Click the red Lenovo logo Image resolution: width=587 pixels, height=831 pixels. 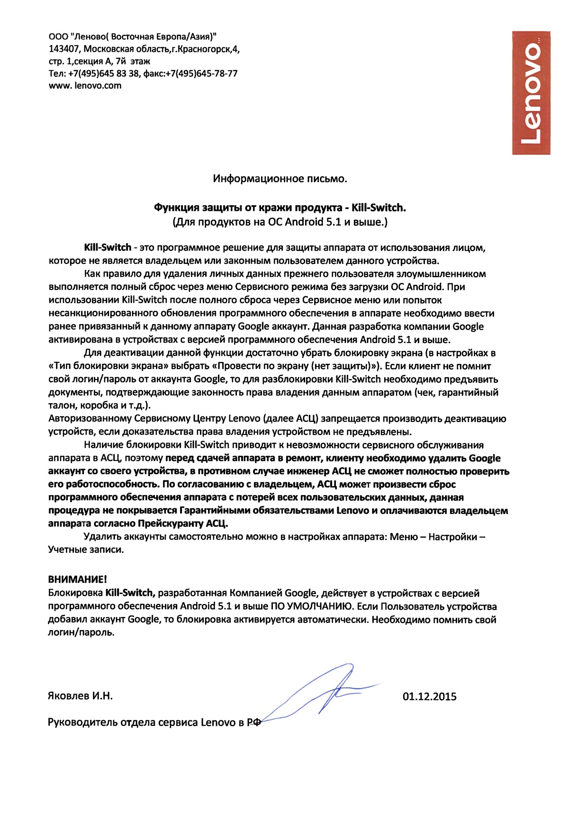click(531, 93)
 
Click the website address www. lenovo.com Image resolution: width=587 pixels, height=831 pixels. click(85, 86)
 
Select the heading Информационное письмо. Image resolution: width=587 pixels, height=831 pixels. click(280, 179)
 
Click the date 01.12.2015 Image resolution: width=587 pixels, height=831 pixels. click(429, 696)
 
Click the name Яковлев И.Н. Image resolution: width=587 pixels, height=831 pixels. click(81, 696)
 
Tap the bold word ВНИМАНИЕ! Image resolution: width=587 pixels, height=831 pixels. click(78, 579)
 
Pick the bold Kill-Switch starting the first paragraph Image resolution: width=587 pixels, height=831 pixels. click(108, 247)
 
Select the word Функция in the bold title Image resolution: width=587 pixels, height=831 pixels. click(177, 208)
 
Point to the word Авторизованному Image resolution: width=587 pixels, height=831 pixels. click(90, 419)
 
